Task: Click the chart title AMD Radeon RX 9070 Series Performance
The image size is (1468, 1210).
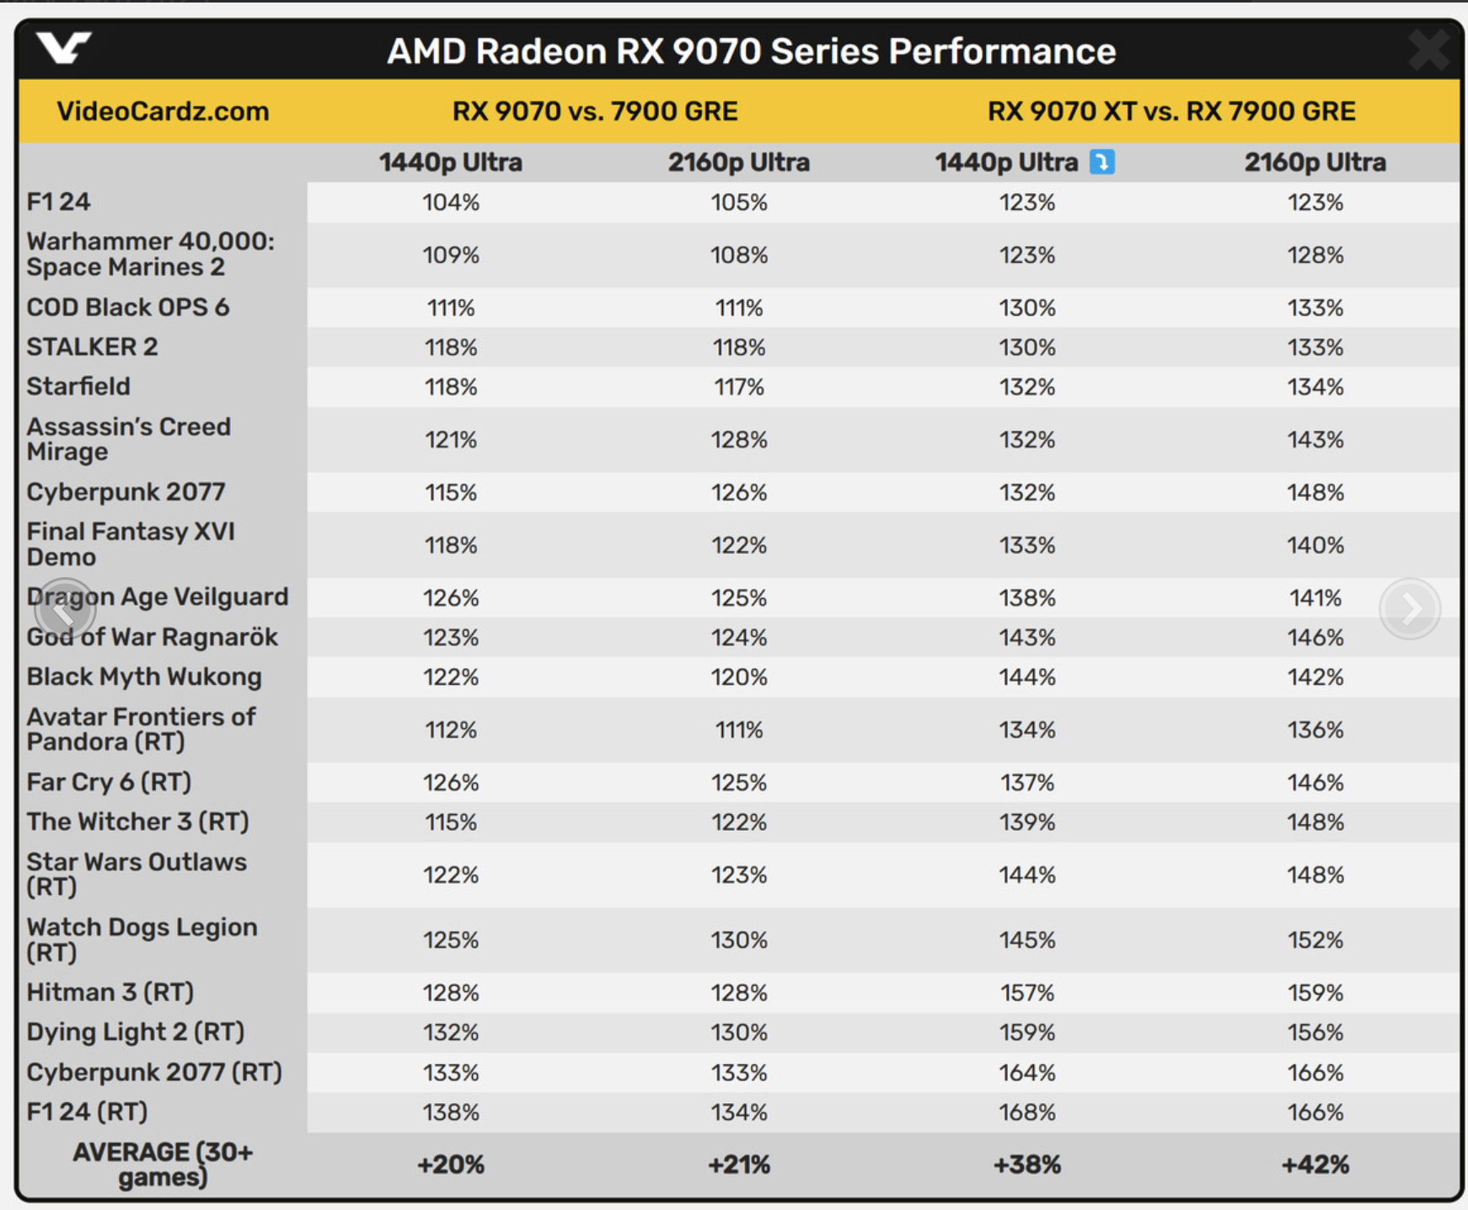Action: (x=751, y=51)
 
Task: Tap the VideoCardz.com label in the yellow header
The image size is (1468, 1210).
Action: (x=163, y=111)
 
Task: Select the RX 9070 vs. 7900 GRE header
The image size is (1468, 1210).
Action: (x=595, y=111)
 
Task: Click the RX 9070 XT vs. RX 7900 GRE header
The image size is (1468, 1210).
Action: (x=1171, y=111)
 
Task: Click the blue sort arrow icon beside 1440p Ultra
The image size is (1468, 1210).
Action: (x=1101, y=162)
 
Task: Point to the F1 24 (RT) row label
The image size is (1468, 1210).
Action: (x=87, y=1112)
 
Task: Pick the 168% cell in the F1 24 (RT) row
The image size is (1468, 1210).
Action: (x=1026, y=1112)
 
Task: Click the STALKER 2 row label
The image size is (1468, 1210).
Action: (x=92, y=347)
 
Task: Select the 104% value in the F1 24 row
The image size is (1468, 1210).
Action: (x=451, y=202)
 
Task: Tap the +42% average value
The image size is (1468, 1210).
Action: (x=1315, y=1164)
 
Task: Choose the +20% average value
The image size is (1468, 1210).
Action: (x=451, y=1164)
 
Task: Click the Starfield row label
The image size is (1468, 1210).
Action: (x=78, y=387)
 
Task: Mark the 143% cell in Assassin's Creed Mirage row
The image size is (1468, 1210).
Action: (x=1315, y=440)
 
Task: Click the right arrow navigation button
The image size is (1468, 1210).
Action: (x=1410, y=608)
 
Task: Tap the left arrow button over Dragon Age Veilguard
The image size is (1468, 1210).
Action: (x=64, y=608)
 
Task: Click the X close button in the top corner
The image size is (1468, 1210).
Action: (x=1429, y=50)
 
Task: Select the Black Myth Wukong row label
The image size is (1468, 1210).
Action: (x=144, y=677)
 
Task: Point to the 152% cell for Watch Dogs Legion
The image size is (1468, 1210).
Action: (x=1315, y=940)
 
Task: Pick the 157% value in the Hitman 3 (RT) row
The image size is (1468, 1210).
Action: (x=1026, y=993)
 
